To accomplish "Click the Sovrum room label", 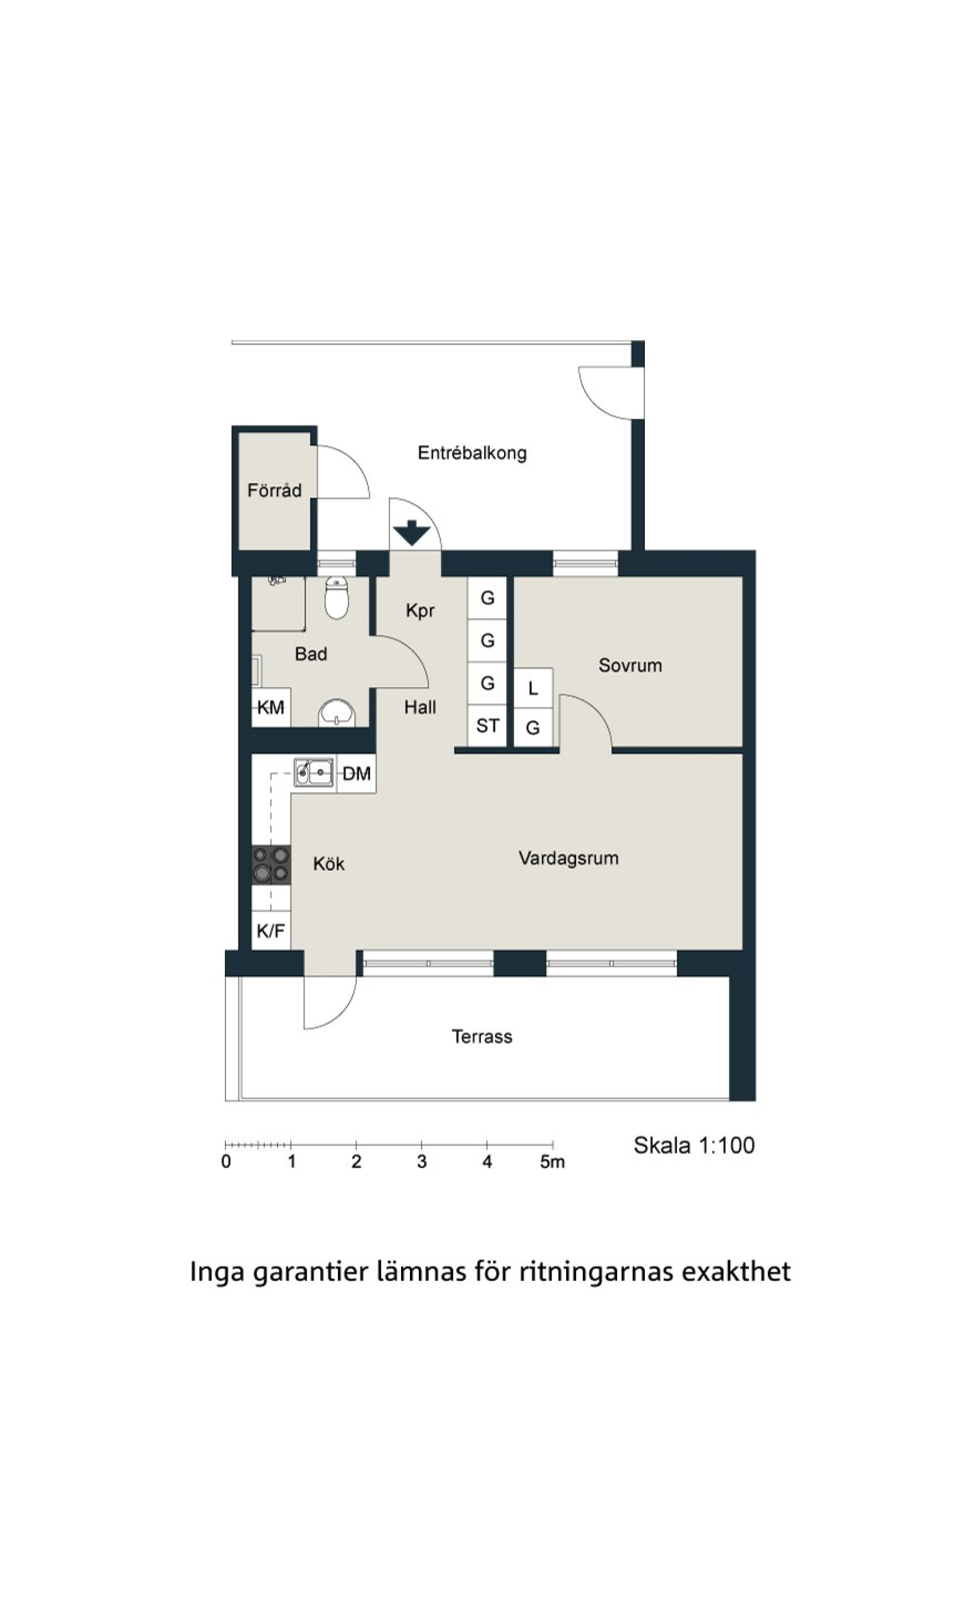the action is coord(629,666).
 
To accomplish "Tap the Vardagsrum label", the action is coord(569,859).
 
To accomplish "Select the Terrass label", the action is coord(482,1037).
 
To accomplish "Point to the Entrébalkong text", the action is coord(472,453).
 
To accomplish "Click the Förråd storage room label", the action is coord(274,490).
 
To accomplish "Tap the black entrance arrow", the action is coord(411,532).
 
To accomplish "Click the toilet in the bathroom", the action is coord(337,598).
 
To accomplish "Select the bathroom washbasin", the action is coord(337,714).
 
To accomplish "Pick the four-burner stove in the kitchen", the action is coord(271,864).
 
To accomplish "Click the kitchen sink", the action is coord(314,772).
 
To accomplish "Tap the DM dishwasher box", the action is coord(356,774).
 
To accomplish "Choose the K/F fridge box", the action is coord(271,930).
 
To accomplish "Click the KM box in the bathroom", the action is coord(271,708).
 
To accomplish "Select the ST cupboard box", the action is coord(487,726).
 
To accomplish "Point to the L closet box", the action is coord(533,689).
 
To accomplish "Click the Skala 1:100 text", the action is coord(694,1145).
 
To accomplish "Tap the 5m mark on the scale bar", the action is coord(552,1162).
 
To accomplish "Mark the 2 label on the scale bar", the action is coord(356,1162).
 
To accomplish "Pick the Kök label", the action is coord(328,864).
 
